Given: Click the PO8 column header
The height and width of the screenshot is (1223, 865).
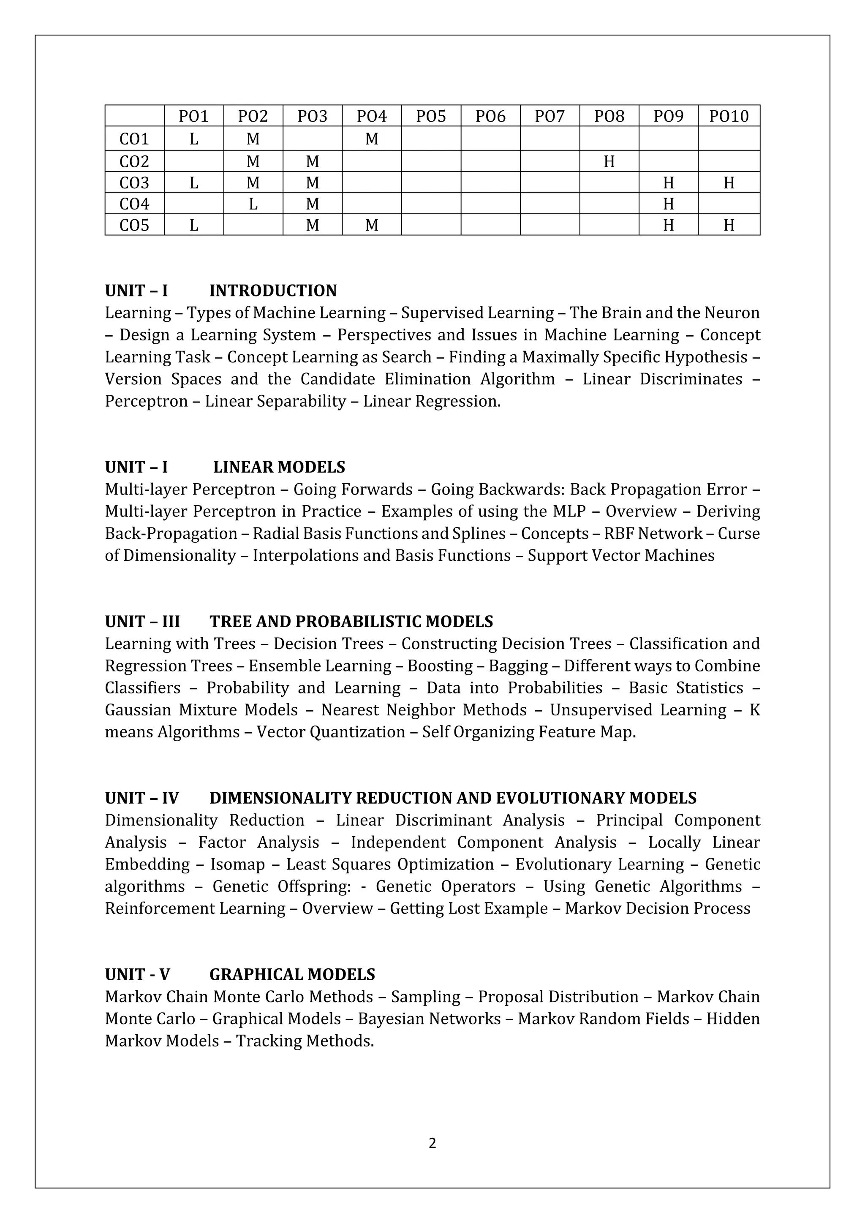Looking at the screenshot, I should coord(609,116).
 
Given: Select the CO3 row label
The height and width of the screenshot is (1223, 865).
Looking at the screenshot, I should coord(134,183).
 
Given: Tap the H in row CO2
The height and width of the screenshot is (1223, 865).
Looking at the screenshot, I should coord(609,161).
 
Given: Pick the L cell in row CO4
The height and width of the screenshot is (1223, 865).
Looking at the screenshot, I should coord(253,204).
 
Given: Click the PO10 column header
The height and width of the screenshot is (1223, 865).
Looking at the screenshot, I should coord(728,116).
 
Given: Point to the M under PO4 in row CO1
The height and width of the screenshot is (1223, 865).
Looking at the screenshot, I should coord(371,139).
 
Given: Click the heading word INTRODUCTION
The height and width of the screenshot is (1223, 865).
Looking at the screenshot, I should coord(273,291).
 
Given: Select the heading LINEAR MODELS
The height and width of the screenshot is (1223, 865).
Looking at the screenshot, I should coord(279,467).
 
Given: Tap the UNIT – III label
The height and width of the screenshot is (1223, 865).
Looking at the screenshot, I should coord(142,622).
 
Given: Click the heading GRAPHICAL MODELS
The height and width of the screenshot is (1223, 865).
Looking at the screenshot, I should coord(292,975).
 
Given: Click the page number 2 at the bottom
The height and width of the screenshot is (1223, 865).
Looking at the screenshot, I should coord(432,1143).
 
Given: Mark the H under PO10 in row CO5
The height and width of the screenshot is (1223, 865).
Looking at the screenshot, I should coord(728,226).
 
